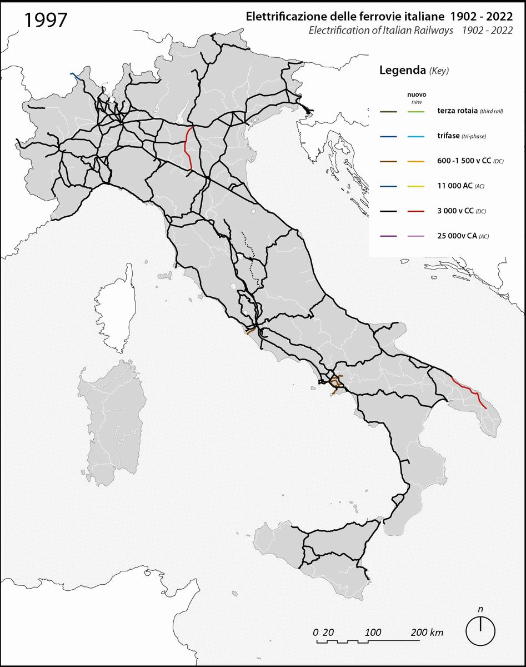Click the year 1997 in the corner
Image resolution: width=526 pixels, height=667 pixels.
coord(46,19)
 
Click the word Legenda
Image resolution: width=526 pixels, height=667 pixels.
coord(402,71)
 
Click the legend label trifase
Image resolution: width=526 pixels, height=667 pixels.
coord(448,136)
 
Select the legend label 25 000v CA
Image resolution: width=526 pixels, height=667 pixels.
coord(455,236)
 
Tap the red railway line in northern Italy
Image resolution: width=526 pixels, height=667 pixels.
coord(189,147)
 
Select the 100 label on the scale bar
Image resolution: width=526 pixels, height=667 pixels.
coord(373,633)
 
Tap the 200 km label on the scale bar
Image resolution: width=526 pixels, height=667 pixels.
coord(427,633)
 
